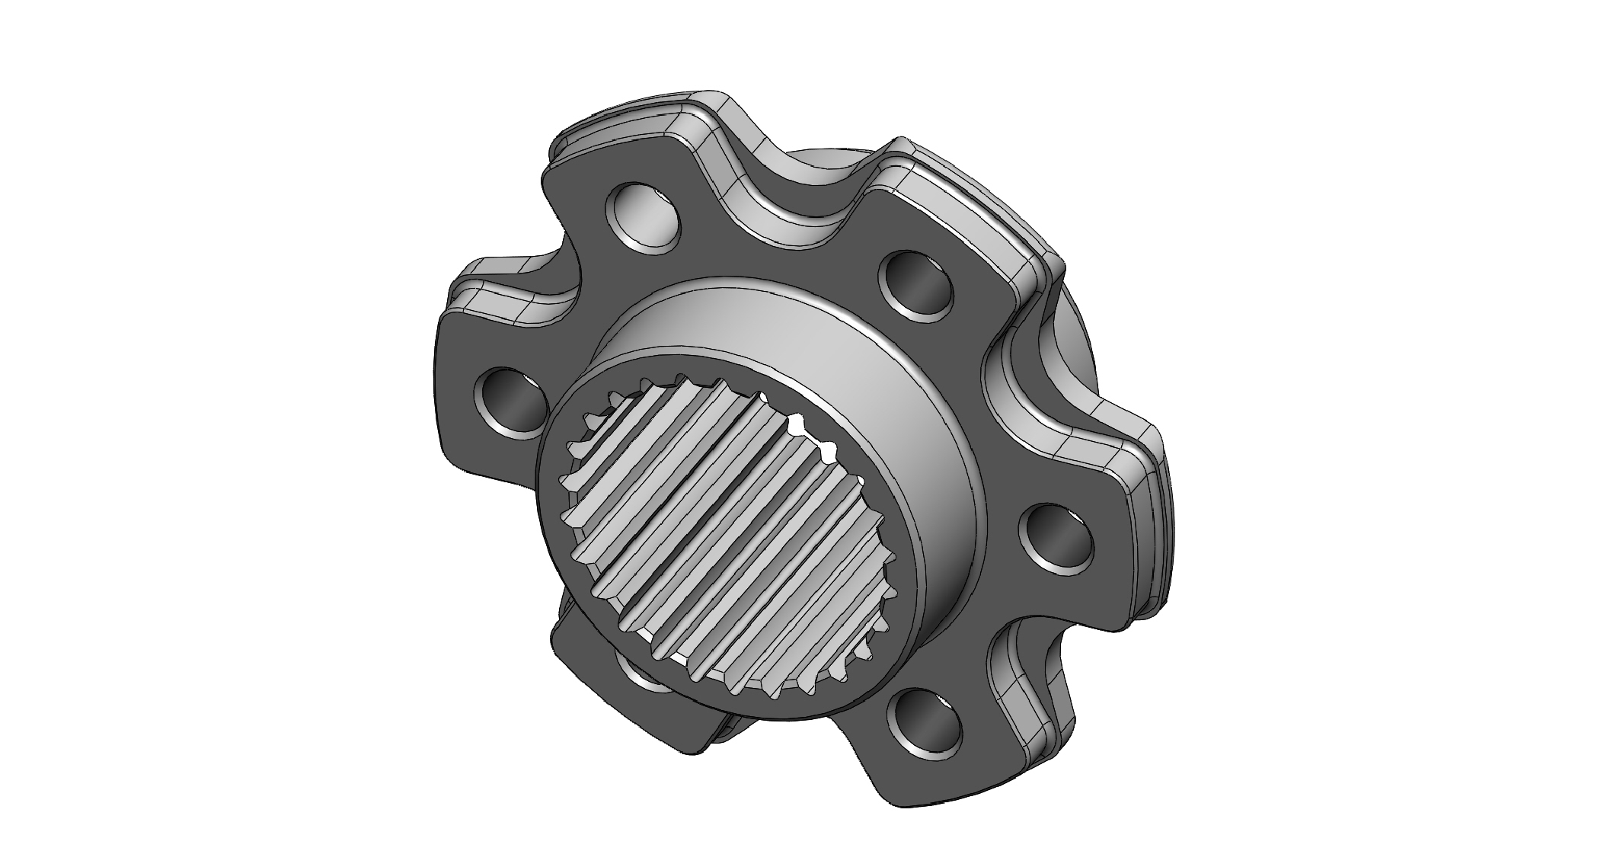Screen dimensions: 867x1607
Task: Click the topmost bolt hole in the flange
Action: [644, 218]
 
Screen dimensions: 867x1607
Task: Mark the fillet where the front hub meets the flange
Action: [800, 293]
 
